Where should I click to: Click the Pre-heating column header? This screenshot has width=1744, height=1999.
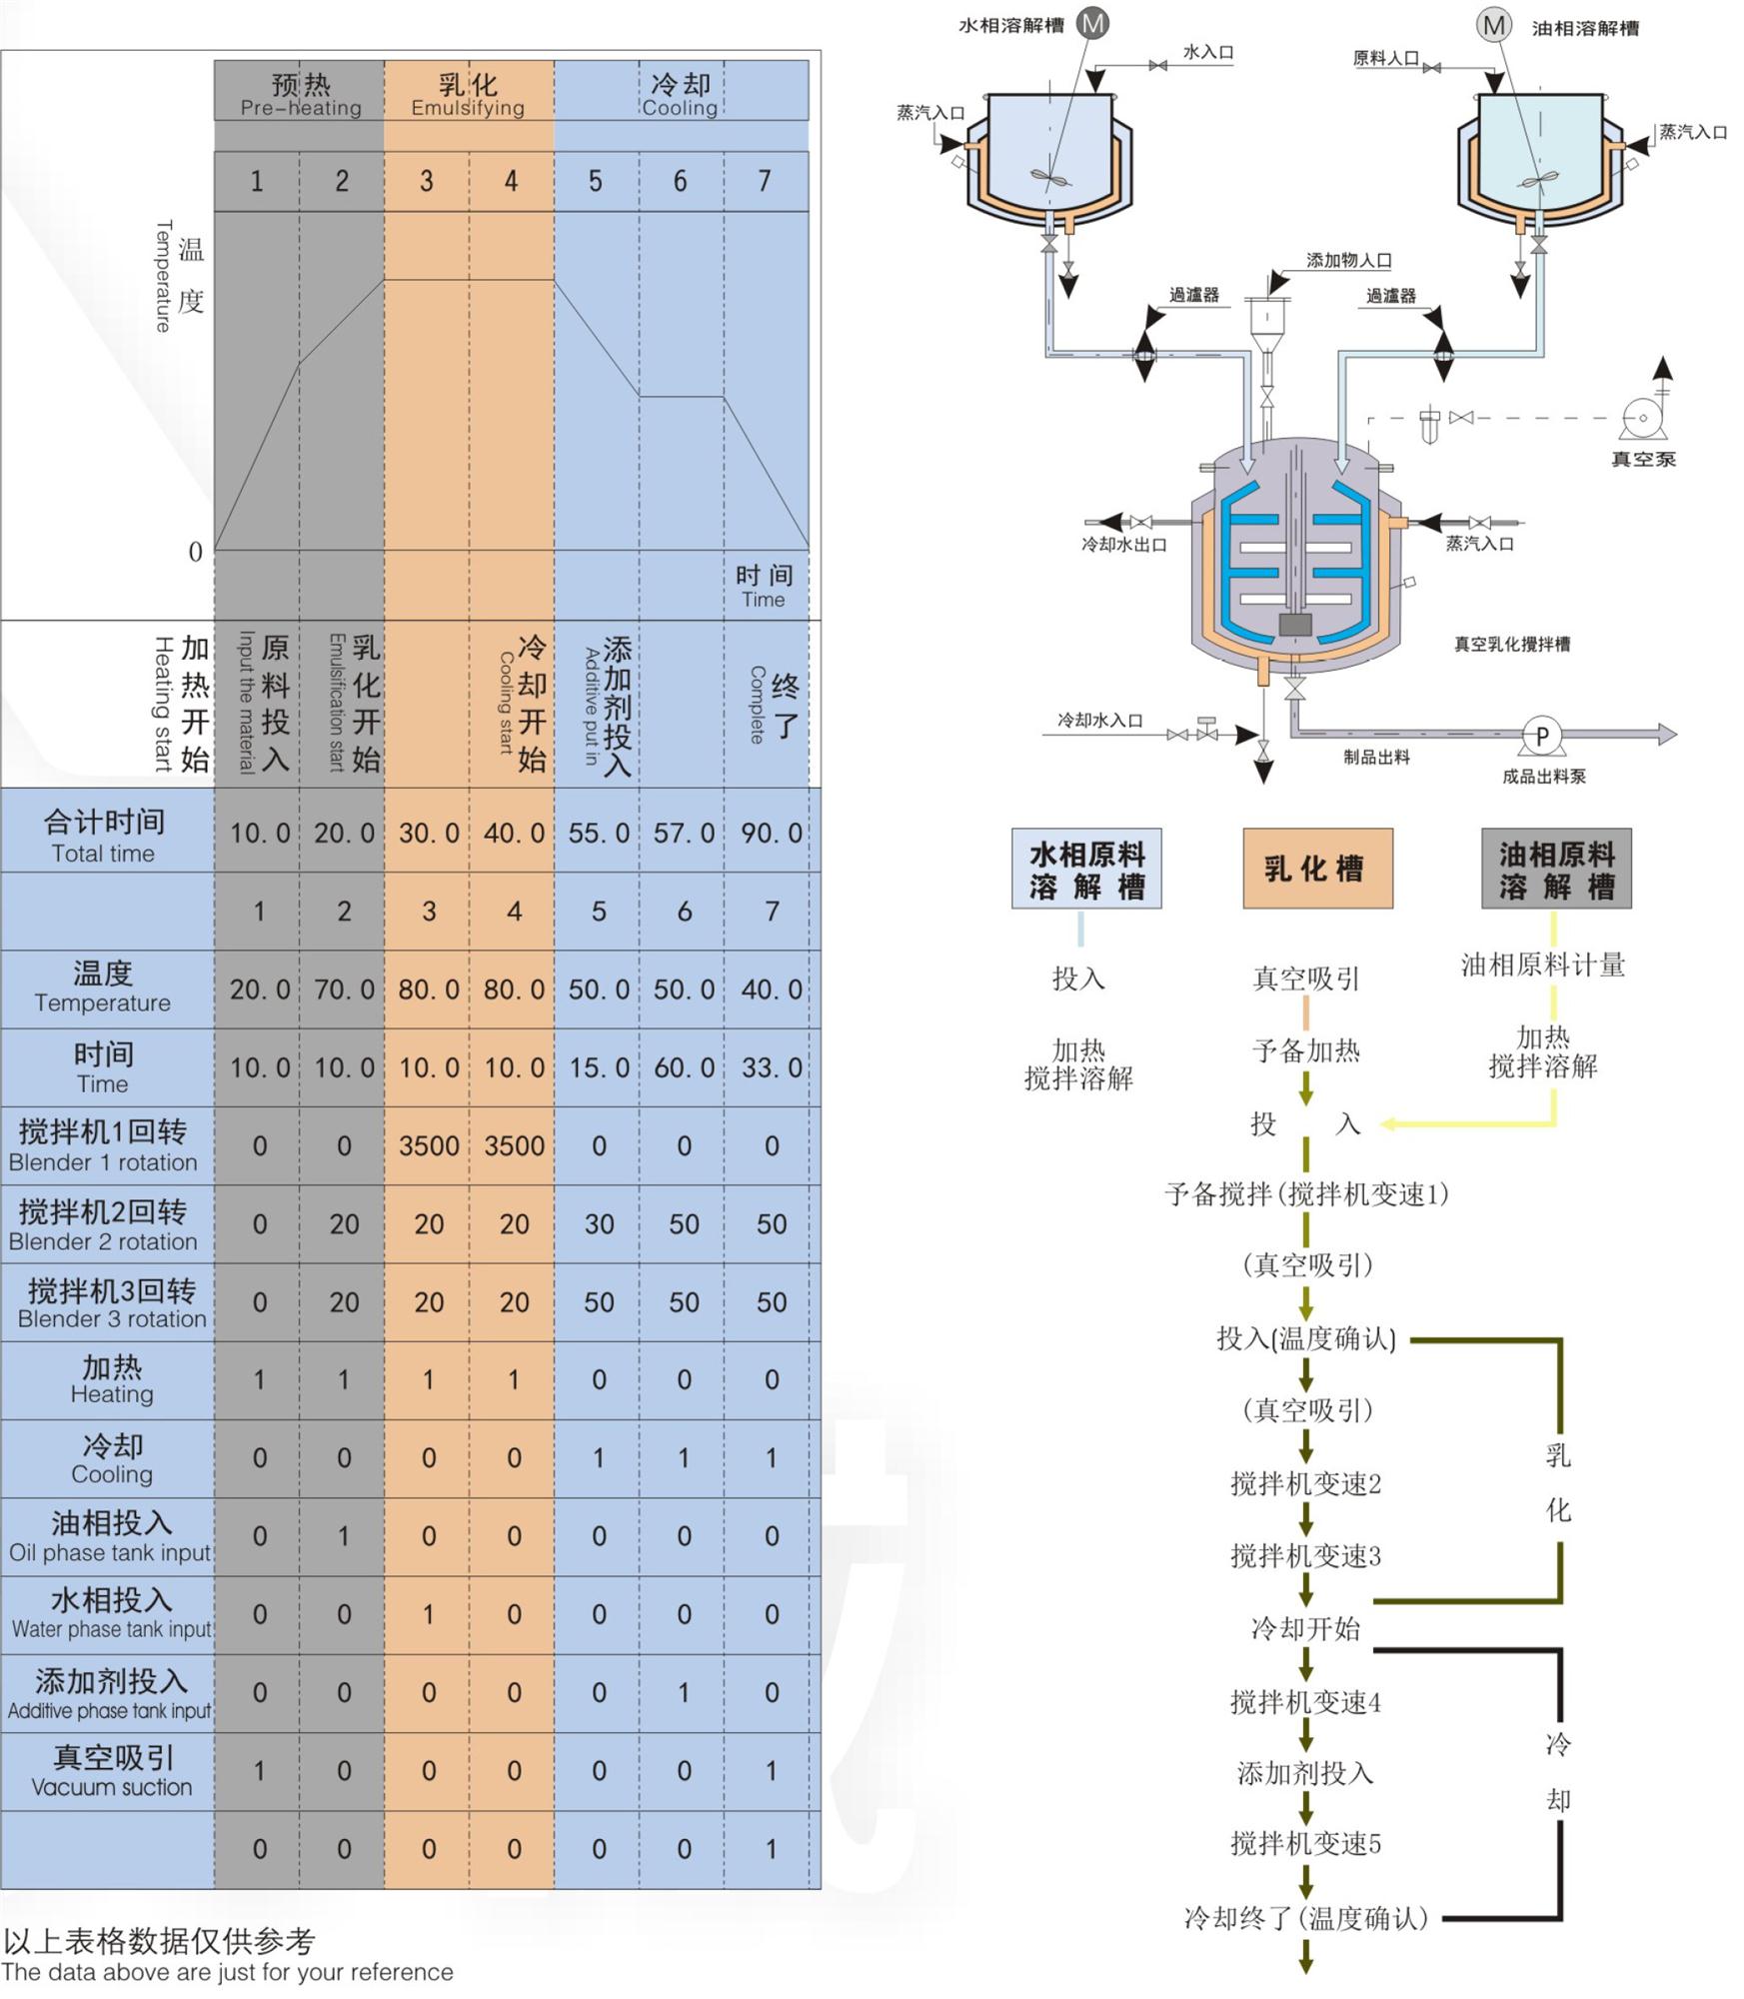pyautogui.click(x=300, y=94)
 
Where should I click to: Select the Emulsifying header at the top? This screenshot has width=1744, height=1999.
pyautogui.click(x=468, y=94)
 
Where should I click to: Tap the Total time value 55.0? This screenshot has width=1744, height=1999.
pyautogui.click(x=598, y=833)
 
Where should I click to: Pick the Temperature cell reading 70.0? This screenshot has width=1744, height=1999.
pyautogui.click(x=343, y=990)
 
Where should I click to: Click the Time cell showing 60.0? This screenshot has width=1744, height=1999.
pyautogui.click(x=684, y=1067)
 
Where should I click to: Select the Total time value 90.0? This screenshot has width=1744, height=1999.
pyautogui.click(x=771, y=833)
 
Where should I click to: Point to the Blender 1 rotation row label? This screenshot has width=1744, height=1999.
pyautogui.click(x=103, y=1145)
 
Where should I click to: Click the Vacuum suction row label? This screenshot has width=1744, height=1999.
pyautogui.click(x=112, y=1771)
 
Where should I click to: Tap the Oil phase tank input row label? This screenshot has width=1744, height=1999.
pyautogui.click(x=110, y=1536)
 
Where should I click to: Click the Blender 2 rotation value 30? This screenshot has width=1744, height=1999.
pyautogui.click(x=598, y=1223)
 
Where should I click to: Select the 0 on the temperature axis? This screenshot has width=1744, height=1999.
pyautogui.click(x=196, y=552)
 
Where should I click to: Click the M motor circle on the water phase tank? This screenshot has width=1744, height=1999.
pyautogui.click(x=1092, y=23)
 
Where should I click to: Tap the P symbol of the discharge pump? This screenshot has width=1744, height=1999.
pyautogui.click(x=1541, y=736)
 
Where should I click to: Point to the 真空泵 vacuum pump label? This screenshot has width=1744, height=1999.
pyautogui.click(x=1642, y=459)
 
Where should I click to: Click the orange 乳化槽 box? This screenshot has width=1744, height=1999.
pyautogui.click(x=1317, y=868)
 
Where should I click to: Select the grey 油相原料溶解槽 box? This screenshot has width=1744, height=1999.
pyautogui.click(x=1556, y=869)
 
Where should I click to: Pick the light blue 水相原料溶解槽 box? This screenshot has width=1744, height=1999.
pyautogui.click(x=1086, y=869)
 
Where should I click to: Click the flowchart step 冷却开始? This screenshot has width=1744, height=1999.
pyautogui.click(x=1305, y=1629)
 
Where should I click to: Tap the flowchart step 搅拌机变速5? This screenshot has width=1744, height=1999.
pyautogui.click(x=1305, y=1843)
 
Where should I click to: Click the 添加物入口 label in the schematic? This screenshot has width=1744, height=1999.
pyautogui.click(x=1348, y=260)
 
